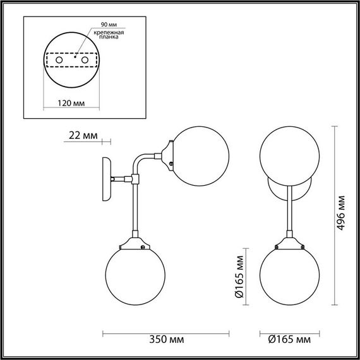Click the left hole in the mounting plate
[x=59, y=59]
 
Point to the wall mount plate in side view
[x=105, y=179]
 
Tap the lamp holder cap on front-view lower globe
[x=288, y=241]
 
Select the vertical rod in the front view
[x=288, y=208]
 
